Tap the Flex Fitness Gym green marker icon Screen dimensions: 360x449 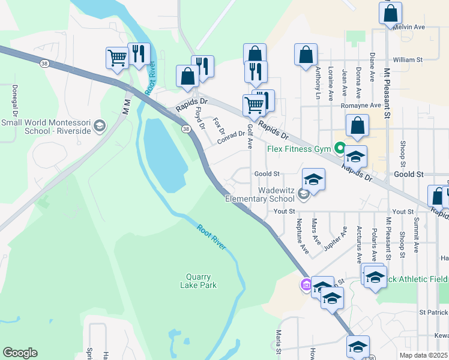point(340,148)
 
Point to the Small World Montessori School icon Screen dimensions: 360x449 point(100,127)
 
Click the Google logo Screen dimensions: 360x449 point(20,353)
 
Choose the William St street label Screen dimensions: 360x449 point(408,60)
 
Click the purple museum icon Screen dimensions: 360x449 point(306,284)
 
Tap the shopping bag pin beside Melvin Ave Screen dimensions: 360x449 point(390,13)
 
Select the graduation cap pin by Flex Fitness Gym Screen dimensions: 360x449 point(355,157)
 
